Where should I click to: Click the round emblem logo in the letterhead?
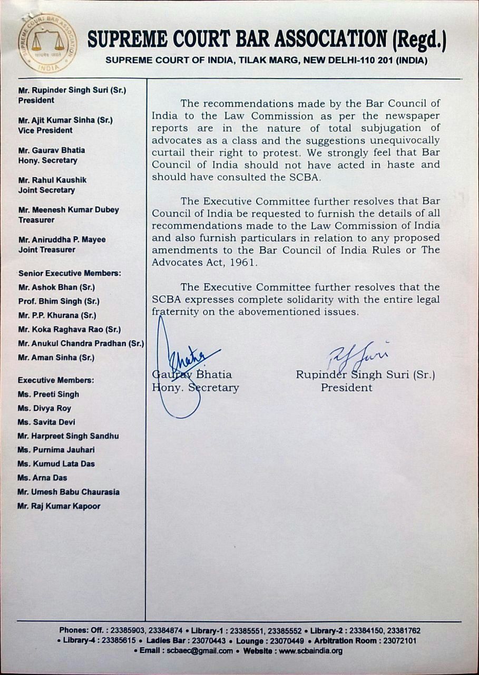47,44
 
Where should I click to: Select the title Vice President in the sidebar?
45,130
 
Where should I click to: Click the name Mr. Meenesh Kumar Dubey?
69,210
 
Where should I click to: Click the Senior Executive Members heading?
70,274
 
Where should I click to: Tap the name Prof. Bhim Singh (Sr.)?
58,302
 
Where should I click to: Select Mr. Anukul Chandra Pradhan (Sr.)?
81,343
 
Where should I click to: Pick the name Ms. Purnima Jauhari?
56,450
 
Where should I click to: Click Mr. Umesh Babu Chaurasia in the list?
69,492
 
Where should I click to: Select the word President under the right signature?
346,388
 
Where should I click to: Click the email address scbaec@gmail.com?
200,651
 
